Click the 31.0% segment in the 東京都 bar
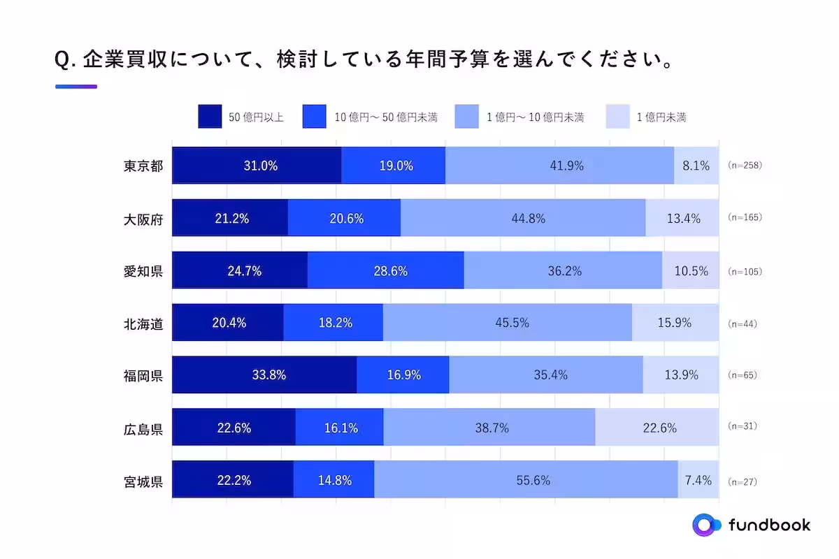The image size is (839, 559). click(257, 166)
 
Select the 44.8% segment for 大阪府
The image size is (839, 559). click(523, 218)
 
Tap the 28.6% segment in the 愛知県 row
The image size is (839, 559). click(385, 270)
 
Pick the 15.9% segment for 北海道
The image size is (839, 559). click(675, 323)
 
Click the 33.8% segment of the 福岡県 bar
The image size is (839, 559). click(264, 375)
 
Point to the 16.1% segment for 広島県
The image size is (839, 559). click(339, 428)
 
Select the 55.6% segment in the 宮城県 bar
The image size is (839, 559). click(526, 480)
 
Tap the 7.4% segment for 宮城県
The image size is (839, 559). click(698, 480)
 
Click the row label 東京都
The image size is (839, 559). click(143, 166)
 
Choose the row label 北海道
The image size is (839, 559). click(143, 324)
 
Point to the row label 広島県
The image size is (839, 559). click(143, 428)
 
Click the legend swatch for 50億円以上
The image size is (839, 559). click(210, 117)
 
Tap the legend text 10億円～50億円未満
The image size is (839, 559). click(386, 117)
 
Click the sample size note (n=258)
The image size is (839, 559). click(745, 166)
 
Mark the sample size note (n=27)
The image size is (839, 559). click(742, 481)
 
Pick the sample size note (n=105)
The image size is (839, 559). click(745, 271)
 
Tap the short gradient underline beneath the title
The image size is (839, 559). click(76, 87)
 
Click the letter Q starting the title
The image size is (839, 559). click(62, 61)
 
